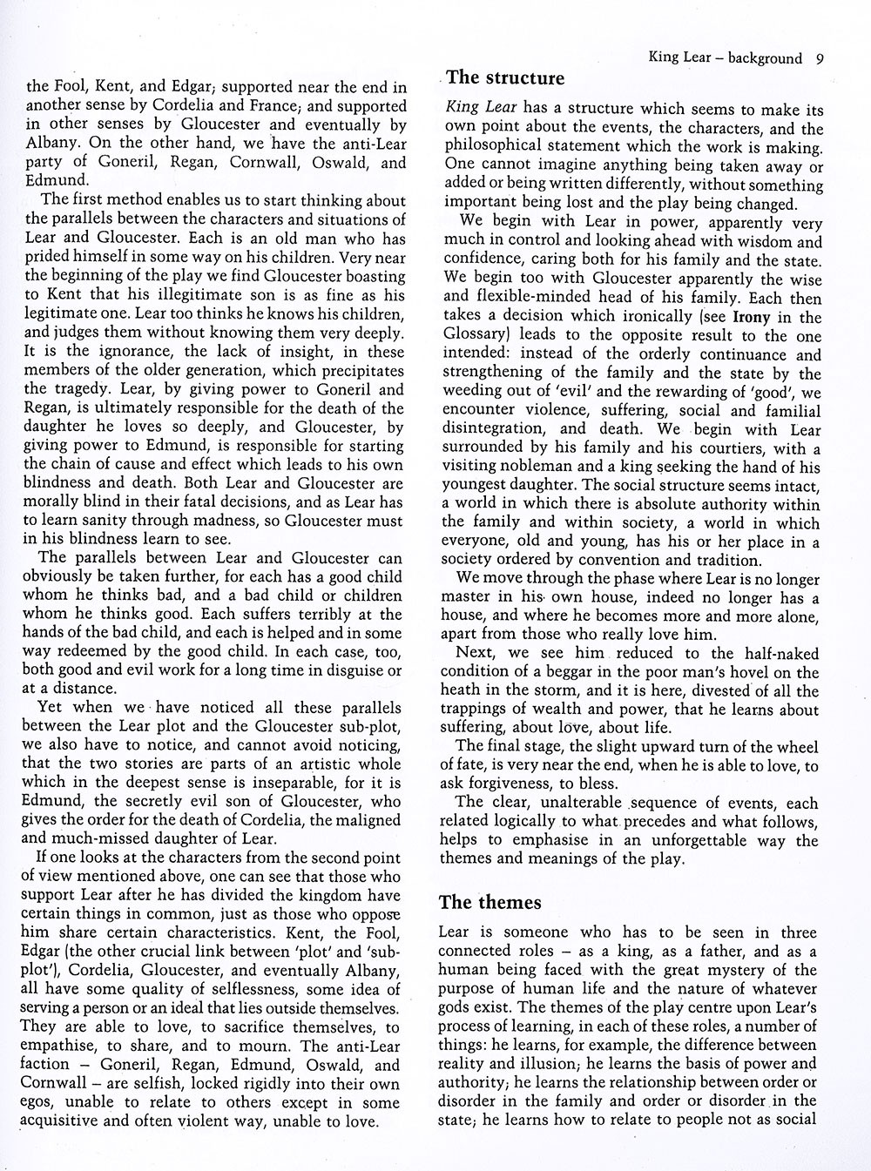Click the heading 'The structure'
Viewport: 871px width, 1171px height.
[x=505, y=78]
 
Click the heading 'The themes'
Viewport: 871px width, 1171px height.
[x=490, y=902]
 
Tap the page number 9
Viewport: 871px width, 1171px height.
[x=820, y=58]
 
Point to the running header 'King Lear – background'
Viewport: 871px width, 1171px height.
[x=725, y=58]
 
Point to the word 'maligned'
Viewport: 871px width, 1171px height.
[x=366, y=821]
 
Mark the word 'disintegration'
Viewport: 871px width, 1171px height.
[x=494, y=429]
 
